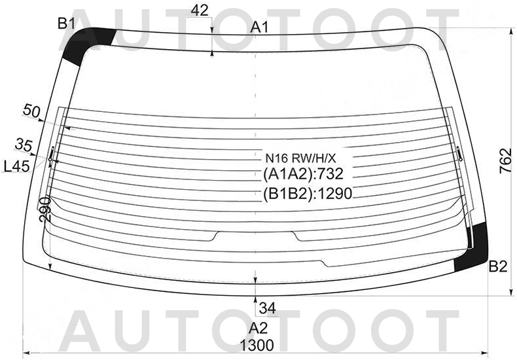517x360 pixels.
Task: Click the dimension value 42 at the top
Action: (x=200, y=11)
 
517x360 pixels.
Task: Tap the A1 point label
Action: (x=260, y=27)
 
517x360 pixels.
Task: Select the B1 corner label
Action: (x=67, y=24)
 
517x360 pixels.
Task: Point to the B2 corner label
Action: (x=497, y=266)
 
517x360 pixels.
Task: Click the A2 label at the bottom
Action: (x=258, y=329)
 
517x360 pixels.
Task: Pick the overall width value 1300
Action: (x=257, y=346)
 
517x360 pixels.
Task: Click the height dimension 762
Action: (x=505, y=161)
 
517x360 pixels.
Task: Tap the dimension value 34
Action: (x=268, y=308)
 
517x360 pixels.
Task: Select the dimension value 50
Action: (x=31, y=111)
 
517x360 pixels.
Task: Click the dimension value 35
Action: (x=24, y=145)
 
